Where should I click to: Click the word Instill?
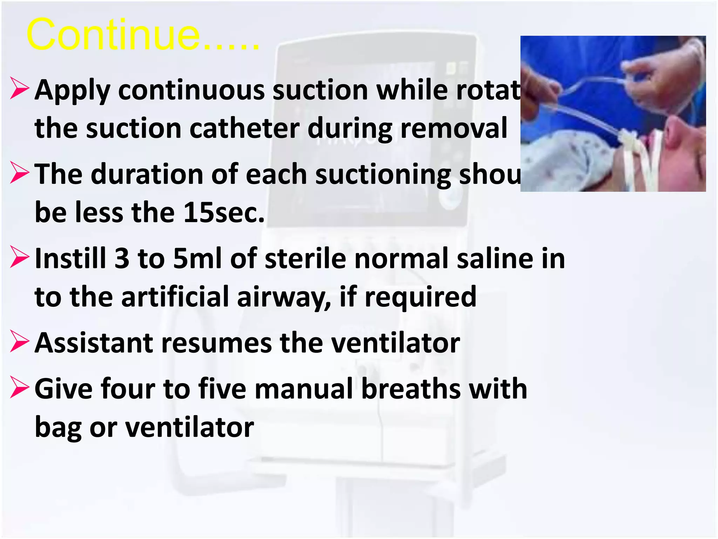(70, 258)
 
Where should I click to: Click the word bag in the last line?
(58, 428)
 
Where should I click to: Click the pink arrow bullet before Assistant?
(20, 341)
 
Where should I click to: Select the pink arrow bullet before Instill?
(20, 257)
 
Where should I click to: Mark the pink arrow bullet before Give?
(20, 387)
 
